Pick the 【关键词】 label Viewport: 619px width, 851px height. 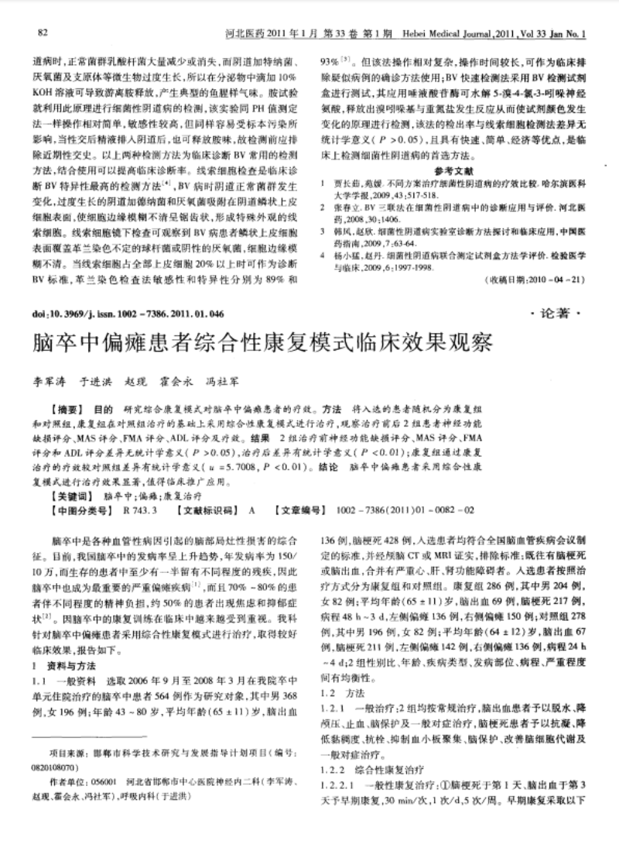click(x=69, y=493)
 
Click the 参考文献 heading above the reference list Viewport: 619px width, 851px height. click(x=454, y=170)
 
